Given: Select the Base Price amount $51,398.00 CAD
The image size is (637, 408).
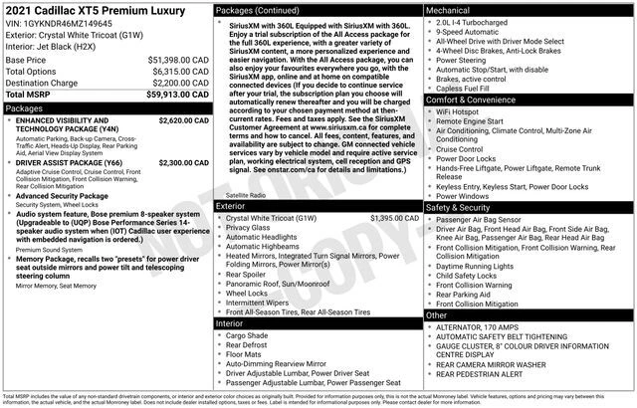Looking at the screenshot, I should point(175,60).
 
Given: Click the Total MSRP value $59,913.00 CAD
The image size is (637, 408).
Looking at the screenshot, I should point(175,96).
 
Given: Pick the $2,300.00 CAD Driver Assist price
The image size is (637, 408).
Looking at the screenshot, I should point(182,161).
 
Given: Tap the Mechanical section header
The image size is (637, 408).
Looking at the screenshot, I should point(448,9).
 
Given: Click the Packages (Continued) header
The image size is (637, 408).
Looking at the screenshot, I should point(261,9).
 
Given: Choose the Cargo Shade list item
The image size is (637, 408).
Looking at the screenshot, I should point(247,336).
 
